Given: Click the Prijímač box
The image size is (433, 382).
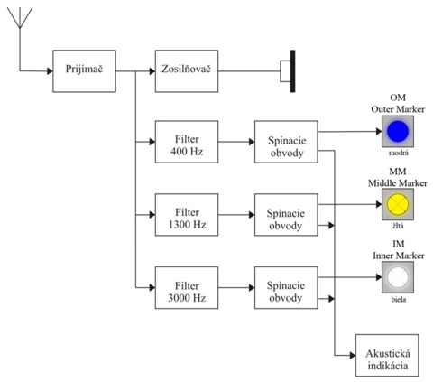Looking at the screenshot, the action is point(84,71).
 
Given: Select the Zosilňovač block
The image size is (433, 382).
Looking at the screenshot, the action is point(187,71).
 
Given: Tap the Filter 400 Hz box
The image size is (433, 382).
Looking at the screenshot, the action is point(187,142).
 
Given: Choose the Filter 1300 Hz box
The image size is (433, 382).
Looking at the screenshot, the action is point(187,215).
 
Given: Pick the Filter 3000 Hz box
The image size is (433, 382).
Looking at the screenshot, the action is point(187,287).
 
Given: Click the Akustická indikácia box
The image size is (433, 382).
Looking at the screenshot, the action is point(387,355).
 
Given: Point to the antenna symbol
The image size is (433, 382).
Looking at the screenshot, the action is point(20,18).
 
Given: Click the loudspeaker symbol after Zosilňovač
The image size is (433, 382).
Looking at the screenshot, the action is point(288,71).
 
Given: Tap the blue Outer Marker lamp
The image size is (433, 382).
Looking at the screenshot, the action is point(398,131).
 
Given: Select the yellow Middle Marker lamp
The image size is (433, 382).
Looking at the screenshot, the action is point(398,204).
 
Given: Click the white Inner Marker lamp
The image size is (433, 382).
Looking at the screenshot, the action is point(398,277).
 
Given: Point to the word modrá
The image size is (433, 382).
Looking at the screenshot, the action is point(399,153).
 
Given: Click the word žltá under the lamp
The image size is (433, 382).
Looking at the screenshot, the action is point(398,226).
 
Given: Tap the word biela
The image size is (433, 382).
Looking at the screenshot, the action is point(399,299).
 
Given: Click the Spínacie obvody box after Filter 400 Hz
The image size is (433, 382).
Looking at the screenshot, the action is point(286,142).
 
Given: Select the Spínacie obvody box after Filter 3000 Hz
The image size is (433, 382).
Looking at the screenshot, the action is point(286,287).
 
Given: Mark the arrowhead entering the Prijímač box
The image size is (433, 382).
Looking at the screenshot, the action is point(50,71).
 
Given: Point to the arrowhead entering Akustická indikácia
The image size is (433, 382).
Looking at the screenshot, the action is point(353,355).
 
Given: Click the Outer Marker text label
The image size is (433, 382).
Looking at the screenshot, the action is point(398,109).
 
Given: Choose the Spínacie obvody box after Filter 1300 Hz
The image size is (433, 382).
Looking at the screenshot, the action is point(286,215).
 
